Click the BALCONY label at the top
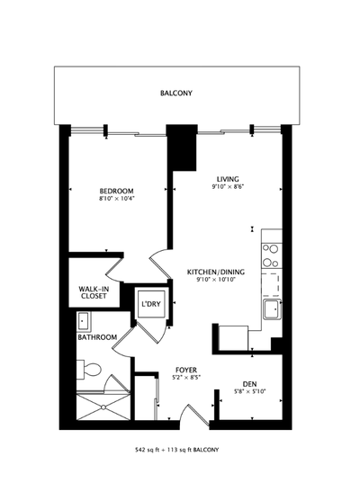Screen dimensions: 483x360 click(x=175, y=94)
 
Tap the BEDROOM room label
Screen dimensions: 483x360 click(x=116, y=191)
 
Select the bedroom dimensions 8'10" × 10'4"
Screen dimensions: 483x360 click(x=116, y=199)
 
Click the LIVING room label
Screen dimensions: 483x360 click(x=228, y=178)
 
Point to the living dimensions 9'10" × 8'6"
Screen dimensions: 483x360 click(x=228, y=186)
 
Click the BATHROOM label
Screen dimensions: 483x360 click(x=97, y=337)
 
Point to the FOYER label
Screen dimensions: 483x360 click(x=186, y=370)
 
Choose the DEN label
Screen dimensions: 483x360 click(x=250, y=382)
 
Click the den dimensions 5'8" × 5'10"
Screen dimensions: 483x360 click(x=250, y=390)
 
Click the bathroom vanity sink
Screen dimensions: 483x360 click(x=84, y=322)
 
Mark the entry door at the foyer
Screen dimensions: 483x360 click(x=190, y=416)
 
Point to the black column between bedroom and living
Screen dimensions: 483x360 click(x=185, y=149)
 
